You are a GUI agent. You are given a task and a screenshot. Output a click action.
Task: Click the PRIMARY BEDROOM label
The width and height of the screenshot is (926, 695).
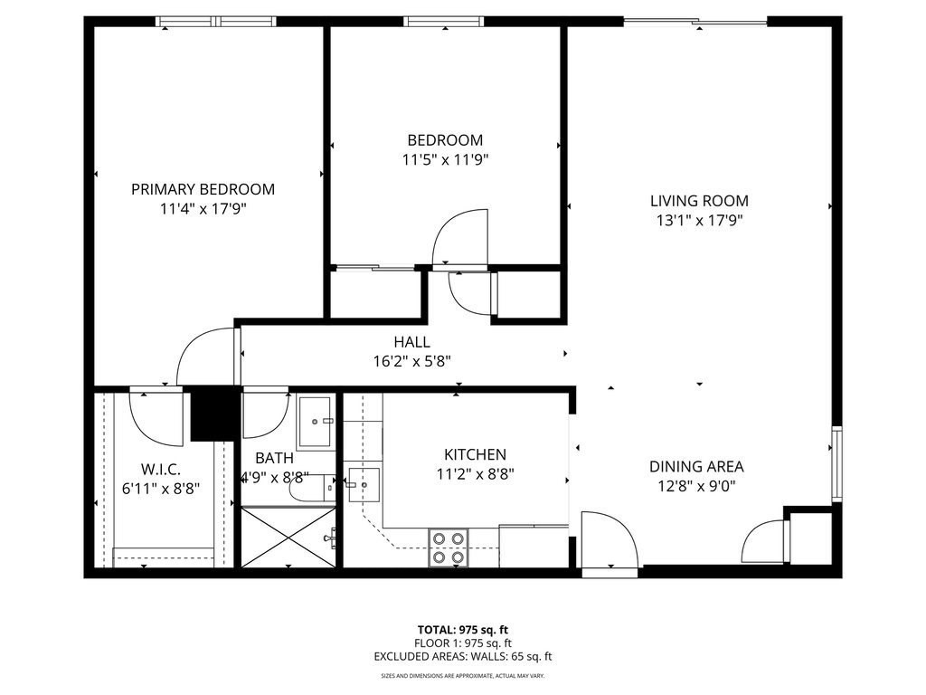[x=203, y=189]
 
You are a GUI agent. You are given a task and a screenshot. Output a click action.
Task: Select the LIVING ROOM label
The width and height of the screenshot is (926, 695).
[x=699, y=201]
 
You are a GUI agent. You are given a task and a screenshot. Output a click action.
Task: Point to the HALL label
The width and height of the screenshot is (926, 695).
[x=411, y=342]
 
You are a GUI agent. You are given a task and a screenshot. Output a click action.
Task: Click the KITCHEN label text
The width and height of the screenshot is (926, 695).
[x=474, y=454]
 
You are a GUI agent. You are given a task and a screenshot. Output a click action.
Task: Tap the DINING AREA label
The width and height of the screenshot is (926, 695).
[x=696, y=467]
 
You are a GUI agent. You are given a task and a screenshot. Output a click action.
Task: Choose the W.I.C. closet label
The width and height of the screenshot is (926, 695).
[x=161, y=469]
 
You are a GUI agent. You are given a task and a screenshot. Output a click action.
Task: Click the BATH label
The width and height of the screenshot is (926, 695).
[x=273, y=459]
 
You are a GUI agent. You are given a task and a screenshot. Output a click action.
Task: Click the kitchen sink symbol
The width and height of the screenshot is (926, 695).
[x=364, y=485]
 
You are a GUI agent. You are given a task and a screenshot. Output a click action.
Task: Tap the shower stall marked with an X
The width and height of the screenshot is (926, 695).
[x=288, y=538]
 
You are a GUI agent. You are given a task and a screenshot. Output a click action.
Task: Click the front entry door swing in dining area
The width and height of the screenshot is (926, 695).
[x=608, y=543]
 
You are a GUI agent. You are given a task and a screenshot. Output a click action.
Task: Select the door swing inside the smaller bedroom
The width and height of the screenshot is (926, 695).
[x=461, y=237]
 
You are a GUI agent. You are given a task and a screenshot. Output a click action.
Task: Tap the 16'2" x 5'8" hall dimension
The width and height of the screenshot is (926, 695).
[x=411, y=360]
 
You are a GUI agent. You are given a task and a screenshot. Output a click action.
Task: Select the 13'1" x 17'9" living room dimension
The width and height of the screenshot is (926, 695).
[x=699, y=219]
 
